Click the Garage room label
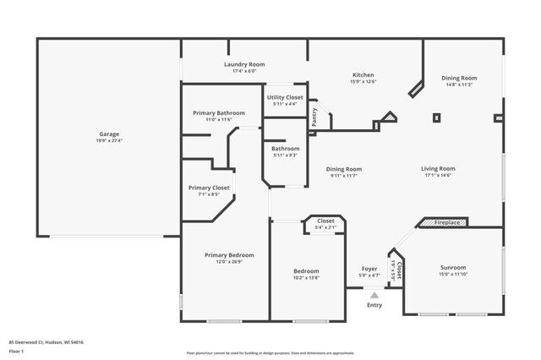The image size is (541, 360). [109, 134]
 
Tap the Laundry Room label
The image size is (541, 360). [244, 65]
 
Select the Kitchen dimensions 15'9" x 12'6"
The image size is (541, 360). [363, 82]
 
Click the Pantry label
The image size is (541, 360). [314, 117]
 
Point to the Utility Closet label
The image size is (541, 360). [286, 98]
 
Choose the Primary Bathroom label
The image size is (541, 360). [218, 113]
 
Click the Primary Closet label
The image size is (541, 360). [209, 188]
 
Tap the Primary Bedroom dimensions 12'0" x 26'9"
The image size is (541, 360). [229, 262]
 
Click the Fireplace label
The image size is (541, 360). [447, 222]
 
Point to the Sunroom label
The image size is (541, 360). [453, 267]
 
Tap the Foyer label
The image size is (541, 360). [369, 269]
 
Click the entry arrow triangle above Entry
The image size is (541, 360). [374, 295]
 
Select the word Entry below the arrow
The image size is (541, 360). [374, 305]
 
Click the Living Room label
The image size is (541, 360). [438, 168]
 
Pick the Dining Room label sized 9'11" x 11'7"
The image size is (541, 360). [344, 168]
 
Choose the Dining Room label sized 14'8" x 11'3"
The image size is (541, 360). [459, 79]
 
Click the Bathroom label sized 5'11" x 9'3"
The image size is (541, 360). [285, 148]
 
